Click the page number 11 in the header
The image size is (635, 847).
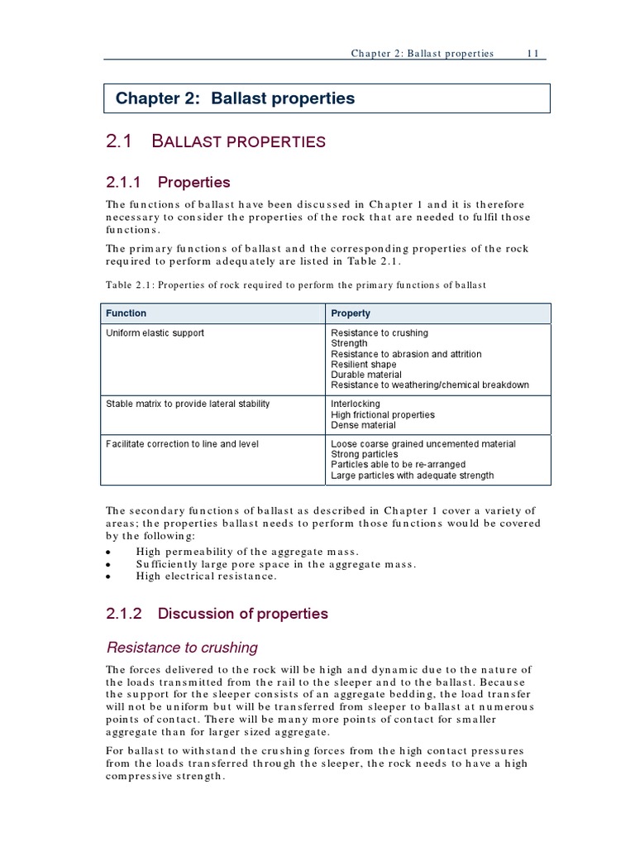point(533,53)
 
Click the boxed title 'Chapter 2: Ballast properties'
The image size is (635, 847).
point(235,98)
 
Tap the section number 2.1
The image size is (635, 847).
point(119,141)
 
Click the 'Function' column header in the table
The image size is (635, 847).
point(126,313)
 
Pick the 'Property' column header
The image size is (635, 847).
point(351,313)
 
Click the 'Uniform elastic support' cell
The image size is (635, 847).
point(155,333)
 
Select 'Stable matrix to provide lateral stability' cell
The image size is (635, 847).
point(188,404)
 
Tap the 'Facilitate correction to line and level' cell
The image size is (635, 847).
point(182,444)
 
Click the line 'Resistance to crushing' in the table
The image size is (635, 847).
point(380,333)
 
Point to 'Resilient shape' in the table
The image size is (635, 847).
point(364,365)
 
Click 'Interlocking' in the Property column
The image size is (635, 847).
point(356,404)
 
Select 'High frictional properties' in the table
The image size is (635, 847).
point(382,414)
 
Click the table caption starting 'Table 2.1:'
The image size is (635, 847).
point(296,285)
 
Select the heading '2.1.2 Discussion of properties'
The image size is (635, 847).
point(217,614)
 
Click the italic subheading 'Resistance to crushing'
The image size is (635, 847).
point(182,648)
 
